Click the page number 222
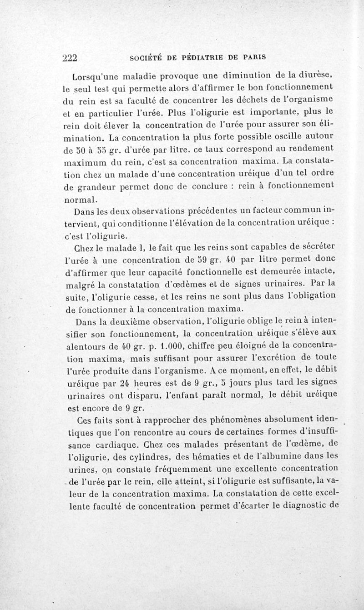pyautogui.click(x=71, y=58)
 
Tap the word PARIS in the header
pyautogui.click(x=253, y=58)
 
